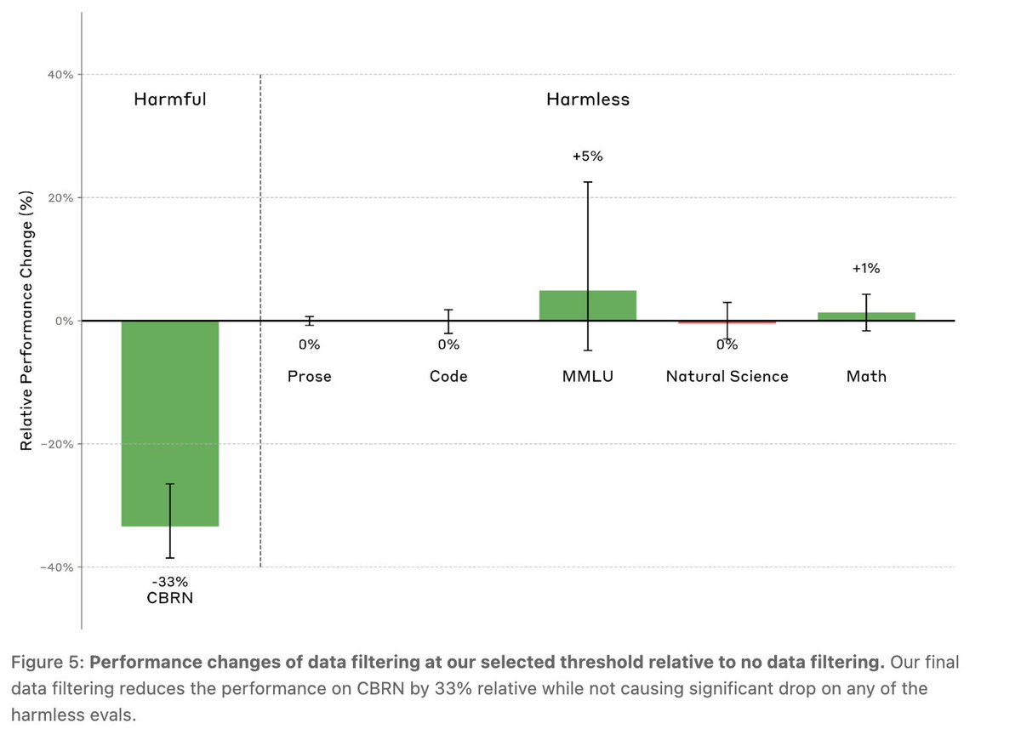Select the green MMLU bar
click(x=588, y=305)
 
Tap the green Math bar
click(x=866, y=316)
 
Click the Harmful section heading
click(x=170, y=100)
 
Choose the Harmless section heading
click(x=588, y=100)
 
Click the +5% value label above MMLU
click(x=588, y=157)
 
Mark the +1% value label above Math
click(x=866, y=269)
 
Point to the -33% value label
click(x=170, y=582)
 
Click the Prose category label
click(x=310, y=376)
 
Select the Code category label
click(x=448, y=376)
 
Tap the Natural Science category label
click(x=727, y=376)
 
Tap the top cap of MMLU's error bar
click(x=588, y=182)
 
